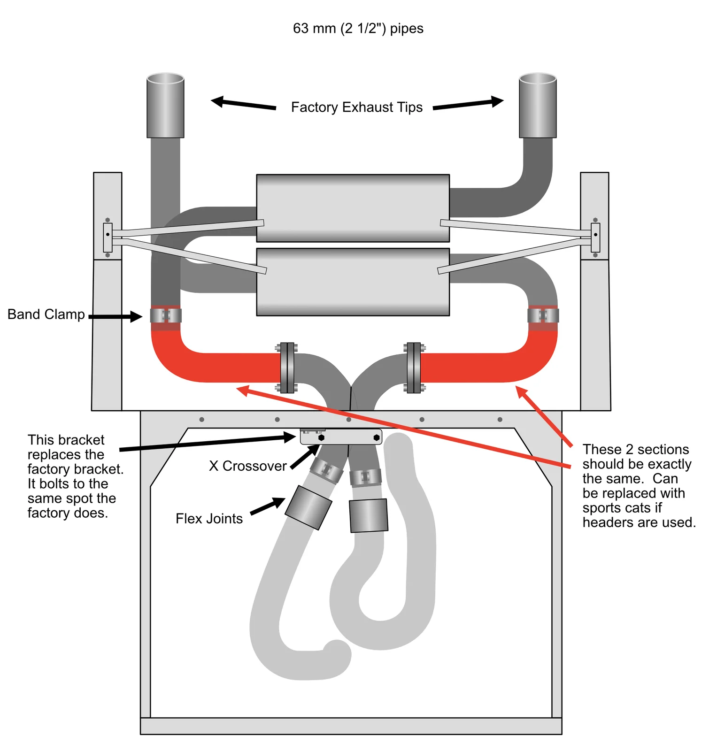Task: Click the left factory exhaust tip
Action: pyautogui.click(x=165, y=106)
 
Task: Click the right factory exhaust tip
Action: pyautogui.click(x=538, y=106)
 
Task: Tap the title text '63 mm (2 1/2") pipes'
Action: pyautogui.click(x=358, y=29)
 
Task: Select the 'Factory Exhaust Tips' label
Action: pyautogui.click(x=356, y=107)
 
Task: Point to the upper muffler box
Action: pyautogui.click(x=353, y=208)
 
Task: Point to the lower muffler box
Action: pyautogui.click(x=353, y=282)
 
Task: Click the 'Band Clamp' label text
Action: pyautogui.click(x=46, y=314)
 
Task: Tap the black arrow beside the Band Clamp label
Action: pyautogui.click(x=116, y=317)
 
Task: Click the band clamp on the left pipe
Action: pyautogui.click(x=166, y=315)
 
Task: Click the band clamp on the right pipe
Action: pyautogui.click(x=543, y=315)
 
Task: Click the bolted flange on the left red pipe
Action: pyautogui.click(x=287, y=368)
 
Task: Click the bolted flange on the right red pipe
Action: pyautogui.click(x=414, y=368)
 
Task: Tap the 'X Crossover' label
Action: pyautogui.click(x=247, y=466)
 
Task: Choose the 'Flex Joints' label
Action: pyautogui.click(x=209, y=519)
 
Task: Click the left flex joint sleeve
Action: pyautogui.click(x=308, y=508)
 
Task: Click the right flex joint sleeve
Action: pyautogui.click(x=369, y=515)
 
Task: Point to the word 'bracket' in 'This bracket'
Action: pyautogui.click(x=83, y=440)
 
